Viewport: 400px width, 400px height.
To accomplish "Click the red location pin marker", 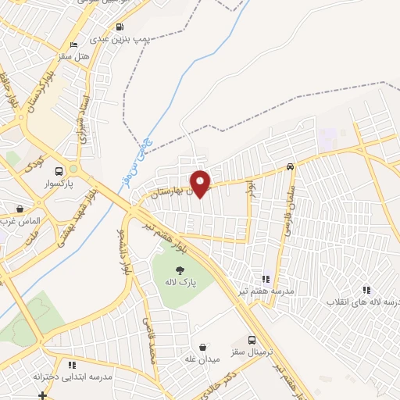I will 201,184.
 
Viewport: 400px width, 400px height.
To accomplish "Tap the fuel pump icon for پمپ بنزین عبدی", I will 119,24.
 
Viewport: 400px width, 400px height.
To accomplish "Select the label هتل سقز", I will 74,57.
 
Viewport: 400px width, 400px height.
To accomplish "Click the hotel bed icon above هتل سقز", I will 74,45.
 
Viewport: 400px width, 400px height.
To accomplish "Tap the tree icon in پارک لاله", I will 180,270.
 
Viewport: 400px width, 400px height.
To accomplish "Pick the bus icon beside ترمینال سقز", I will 252,340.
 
